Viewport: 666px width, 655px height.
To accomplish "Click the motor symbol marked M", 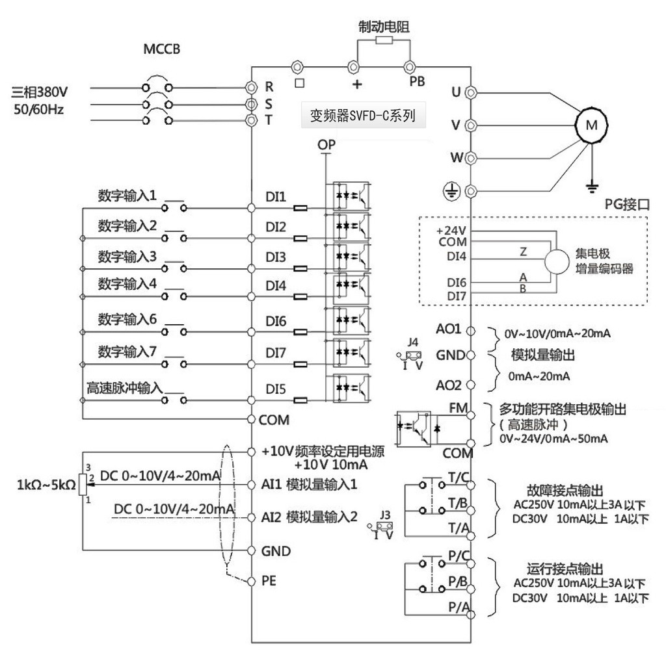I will [x=591, y=125].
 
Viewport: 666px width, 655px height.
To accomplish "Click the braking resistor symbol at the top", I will [x=384, y=41].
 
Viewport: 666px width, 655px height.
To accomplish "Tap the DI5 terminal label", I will [x=276, y=388].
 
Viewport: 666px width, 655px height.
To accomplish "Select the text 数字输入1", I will [x=127, y=194].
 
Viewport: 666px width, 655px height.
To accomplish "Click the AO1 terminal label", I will [x=449, y=329].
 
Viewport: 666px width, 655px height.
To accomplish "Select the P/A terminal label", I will [x=457, y=606].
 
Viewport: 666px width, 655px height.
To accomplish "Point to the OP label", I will [x=326, y=144].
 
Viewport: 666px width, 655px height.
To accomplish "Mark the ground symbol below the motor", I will [x=591, y=188].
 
